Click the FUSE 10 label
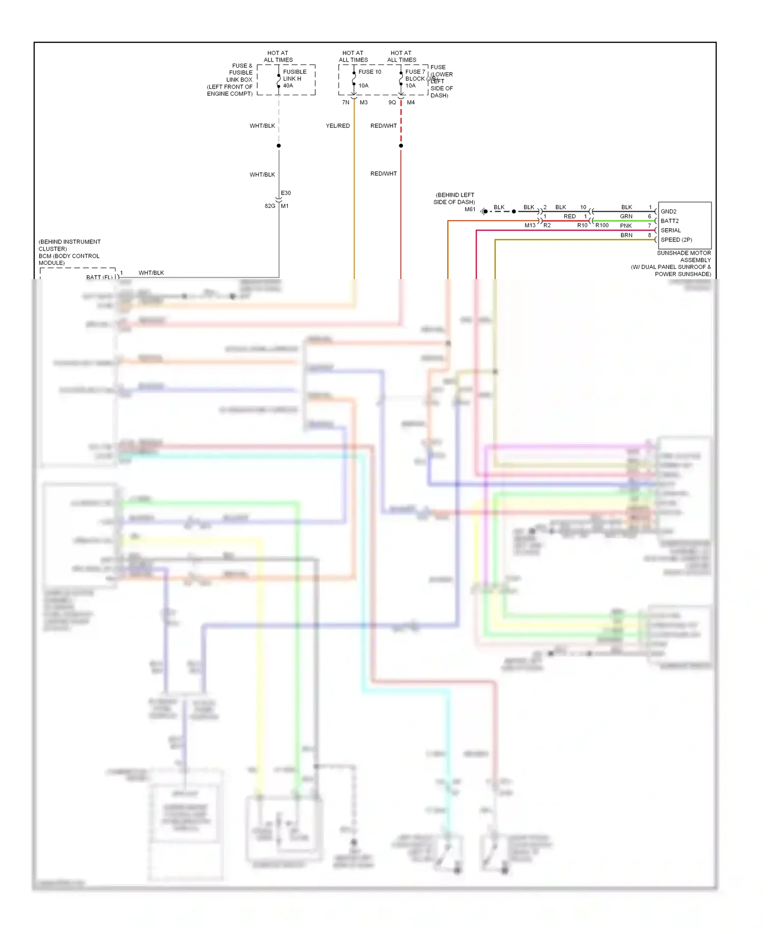click(369, 72)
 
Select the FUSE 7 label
click(415, 72)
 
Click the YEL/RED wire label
click(338, 126)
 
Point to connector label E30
click(286, 193)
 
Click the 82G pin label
click(270, 206)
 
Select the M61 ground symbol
click(484, 211)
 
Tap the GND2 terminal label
click(668, 211)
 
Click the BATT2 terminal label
click(669, 221)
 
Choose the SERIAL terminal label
click(670, 230)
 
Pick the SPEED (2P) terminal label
click(676, 240)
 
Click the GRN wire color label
click(626, 216)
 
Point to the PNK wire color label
click(625, 226)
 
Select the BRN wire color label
click(626, 235)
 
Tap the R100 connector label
click(602, 225)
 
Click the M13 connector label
click(530, 225)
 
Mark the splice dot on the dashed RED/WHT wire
click(401, 146)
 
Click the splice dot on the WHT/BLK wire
click(279, 146)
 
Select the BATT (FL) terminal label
click(99, 277)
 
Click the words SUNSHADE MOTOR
click(684, 253)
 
